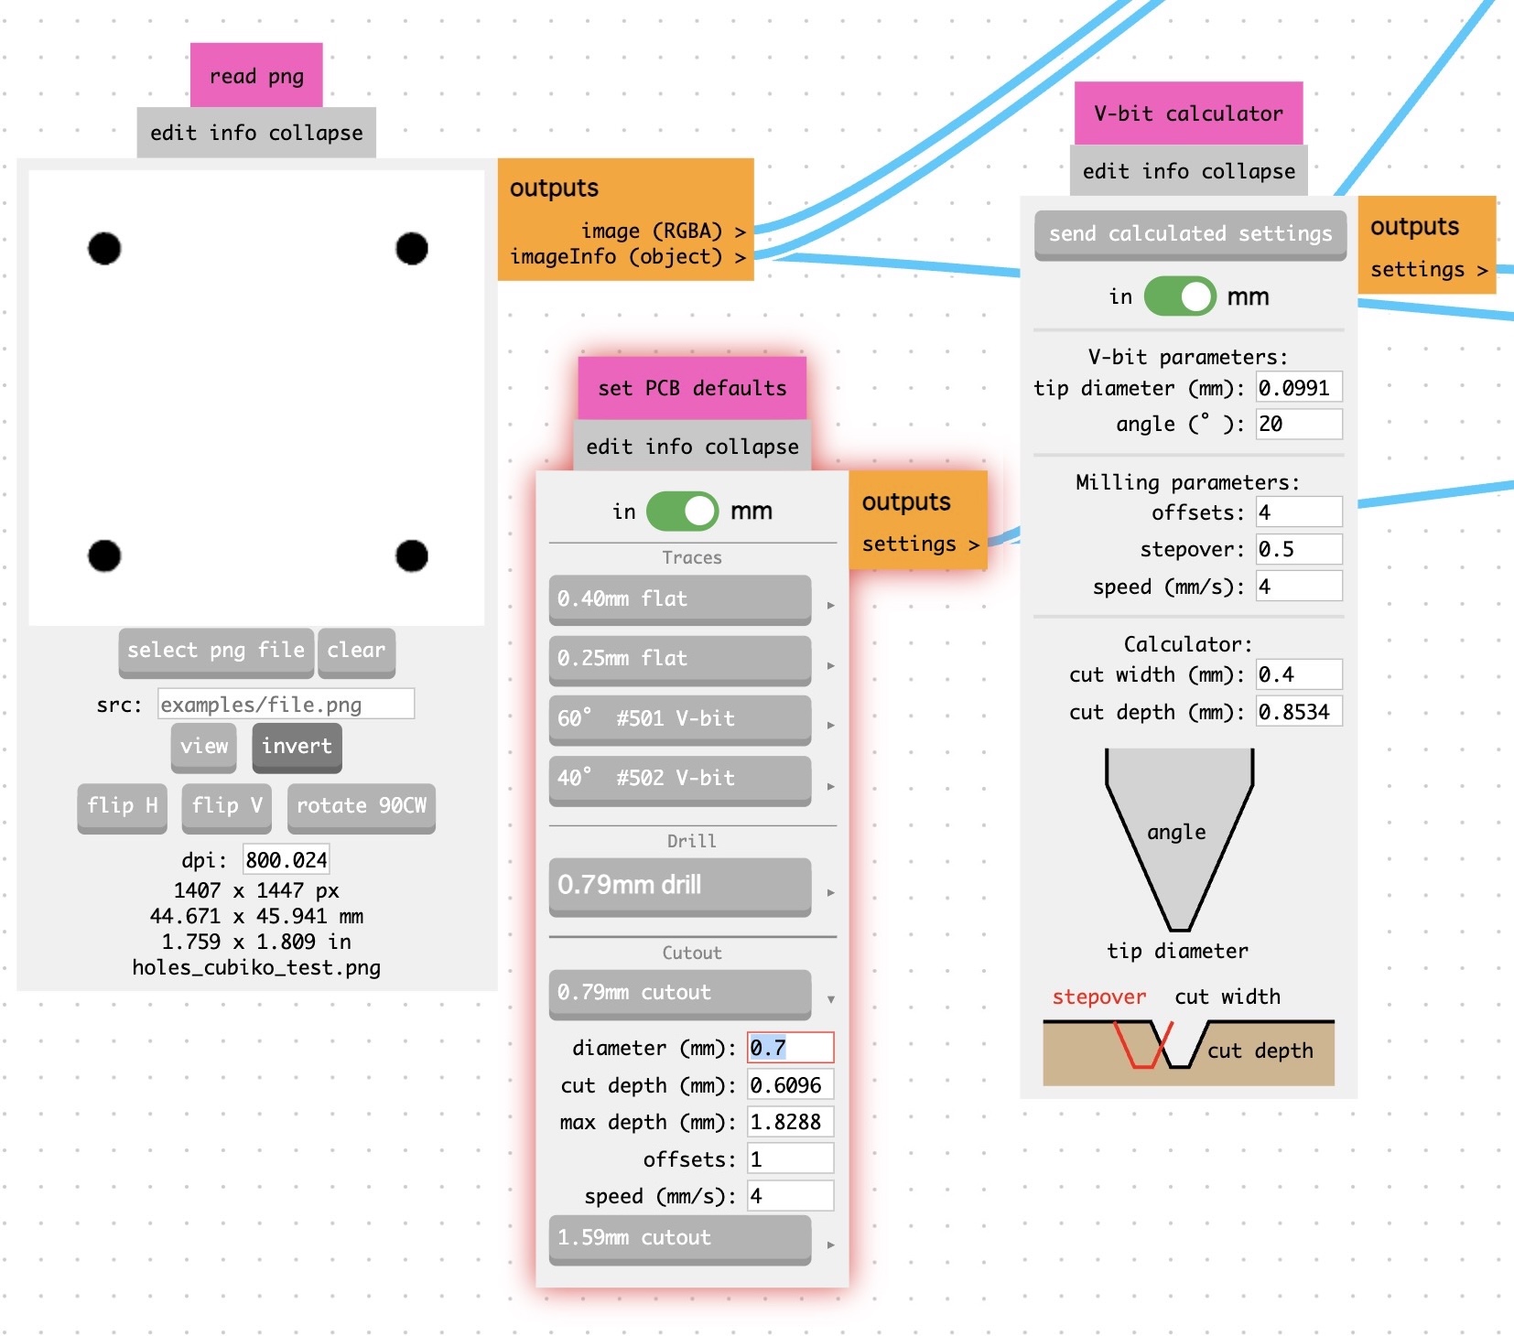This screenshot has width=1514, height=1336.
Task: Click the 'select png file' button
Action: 216,651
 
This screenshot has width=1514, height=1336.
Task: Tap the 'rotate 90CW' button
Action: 361,806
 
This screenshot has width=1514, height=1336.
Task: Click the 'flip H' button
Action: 123,806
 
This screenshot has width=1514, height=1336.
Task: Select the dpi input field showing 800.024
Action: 286,860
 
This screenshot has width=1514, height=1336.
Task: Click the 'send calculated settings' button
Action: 1190,234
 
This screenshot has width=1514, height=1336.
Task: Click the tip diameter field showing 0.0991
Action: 1298,388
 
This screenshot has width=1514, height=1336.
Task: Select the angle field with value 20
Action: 1298,425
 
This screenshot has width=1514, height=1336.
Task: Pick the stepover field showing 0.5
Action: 1298,550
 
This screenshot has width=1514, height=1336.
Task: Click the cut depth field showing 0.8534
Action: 1298,712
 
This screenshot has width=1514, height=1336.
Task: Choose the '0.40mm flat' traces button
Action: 679,599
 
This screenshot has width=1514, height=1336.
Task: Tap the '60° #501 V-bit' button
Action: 679,719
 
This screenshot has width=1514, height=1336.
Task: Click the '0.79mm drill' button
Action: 679,885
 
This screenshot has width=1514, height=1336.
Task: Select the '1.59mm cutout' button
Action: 679,1238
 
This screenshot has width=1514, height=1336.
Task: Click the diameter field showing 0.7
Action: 790,1048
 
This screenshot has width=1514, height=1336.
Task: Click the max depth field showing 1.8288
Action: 790,1122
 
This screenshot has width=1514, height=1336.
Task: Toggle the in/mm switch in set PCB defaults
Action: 683,512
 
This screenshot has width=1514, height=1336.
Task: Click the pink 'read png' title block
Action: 256,76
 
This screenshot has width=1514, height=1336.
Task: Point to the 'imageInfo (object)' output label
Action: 617,257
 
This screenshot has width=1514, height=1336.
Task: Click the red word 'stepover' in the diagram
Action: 1098,997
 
